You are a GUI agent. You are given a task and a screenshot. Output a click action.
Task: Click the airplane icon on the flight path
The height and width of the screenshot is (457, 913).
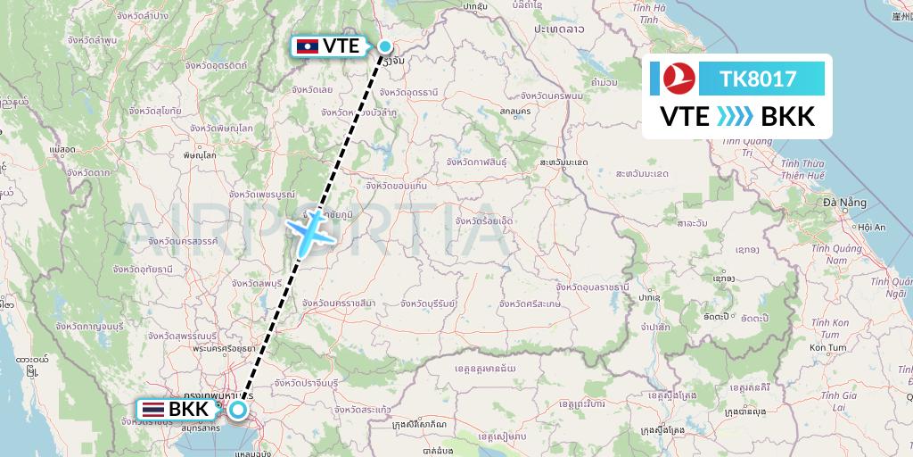click(x=311, y=230)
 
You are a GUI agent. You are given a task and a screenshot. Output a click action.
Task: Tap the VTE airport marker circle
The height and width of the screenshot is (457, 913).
click(x=385, y=46)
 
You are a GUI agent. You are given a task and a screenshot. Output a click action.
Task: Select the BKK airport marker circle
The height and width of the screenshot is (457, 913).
click(x=238, y=410)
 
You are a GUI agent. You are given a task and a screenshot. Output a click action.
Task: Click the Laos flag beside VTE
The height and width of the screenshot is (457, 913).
click(x=307, y=46)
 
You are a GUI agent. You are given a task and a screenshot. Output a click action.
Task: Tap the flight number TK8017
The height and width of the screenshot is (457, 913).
click(x=760, y=79)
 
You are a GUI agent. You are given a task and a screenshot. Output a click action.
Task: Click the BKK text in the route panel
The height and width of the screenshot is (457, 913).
click(x=788, y=116)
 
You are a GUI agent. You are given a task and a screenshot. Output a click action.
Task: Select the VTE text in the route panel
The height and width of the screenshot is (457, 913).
click(x=685, y=116)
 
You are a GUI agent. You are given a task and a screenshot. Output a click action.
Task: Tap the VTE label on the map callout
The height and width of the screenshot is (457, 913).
click(x=341, y=46)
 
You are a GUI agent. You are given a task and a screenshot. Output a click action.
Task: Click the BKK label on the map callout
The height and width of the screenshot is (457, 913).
click(x=188, y=410)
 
